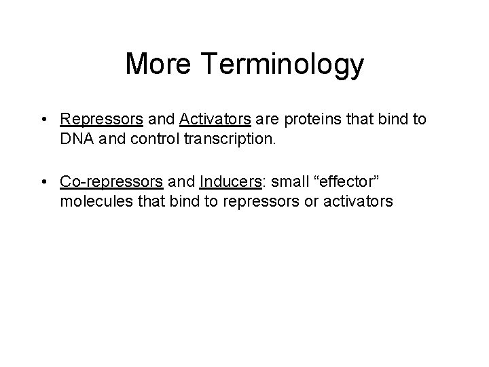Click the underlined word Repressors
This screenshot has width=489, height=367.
click(x=101, y=120)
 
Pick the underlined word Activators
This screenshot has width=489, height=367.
click(x=215, y=120)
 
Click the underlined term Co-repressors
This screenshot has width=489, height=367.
click(x=111, y=182)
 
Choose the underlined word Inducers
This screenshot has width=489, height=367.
click(x=232, y=182)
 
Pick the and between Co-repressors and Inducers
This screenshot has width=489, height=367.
click(x=181, y=182)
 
